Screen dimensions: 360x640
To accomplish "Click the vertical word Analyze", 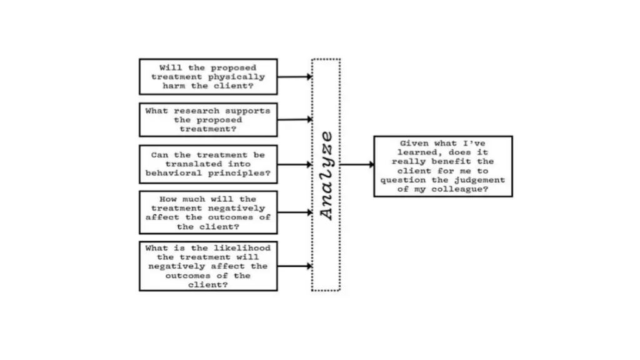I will (326, 175).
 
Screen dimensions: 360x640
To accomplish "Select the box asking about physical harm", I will (207, 76).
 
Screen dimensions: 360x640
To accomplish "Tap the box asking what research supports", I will (207, 119).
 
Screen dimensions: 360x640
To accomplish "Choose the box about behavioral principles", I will (207, 164).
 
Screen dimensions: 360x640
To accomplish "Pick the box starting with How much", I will (207, 212).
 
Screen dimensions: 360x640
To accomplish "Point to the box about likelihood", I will (207, 266).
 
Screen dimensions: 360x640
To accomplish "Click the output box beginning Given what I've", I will (442, 166).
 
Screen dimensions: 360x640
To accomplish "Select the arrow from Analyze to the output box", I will (357, 164).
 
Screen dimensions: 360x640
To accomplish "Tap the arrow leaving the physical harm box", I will (294, 77).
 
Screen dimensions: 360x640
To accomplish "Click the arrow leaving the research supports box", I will (294, 119).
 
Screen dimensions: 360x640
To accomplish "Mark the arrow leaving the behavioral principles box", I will (294, 164).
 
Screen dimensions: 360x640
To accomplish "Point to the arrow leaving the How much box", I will (294, 212).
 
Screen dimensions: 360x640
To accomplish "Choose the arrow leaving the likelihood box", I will (294, 266).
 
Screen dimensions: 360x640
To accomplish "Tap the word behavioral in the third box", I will (174, 173).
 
